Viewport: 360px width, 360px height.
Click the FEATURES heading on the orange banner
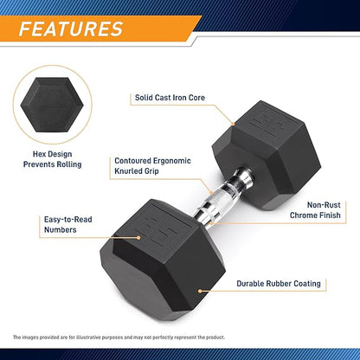[x=71, y=29]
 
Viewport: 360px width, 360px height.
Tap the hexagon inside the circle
[x=52, y=105]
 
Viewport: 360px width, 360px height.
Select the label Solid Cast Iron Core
[x=170, y=98]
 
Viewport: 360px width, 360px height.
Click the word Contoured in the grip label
[x=132, y=161]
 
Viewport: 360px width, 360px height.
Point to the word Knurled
[x=128, y=171]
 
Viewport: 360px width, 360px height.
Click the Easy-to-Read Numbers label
[x=67, y=224]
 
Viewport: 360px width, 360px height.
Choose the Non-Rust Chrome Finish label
[x=315, y=210]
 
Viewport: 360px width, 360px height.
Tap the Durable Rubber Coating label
[x=279, y=284]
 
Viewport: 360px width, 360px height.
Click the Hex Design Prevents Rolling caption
[x=52, y=159]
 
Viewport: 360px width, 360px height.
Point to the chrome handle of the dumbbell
[x=222, y=197]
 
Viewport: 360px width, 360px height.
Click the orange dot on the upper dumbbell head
[x=233, y=124]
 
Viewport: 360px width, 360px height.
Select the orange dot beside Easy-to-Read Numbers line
[x=138, y=238]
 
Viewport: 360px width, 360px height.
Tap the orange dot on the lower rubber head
[x=200, y=291]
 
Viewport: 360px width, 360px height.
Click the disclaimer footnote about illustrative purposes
[x=119, y=337]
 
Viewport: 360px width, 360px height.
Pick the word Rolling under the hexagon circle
[x=69, y=164]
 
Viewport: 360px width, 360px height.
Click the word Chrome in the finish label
[x=304, y=215]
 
